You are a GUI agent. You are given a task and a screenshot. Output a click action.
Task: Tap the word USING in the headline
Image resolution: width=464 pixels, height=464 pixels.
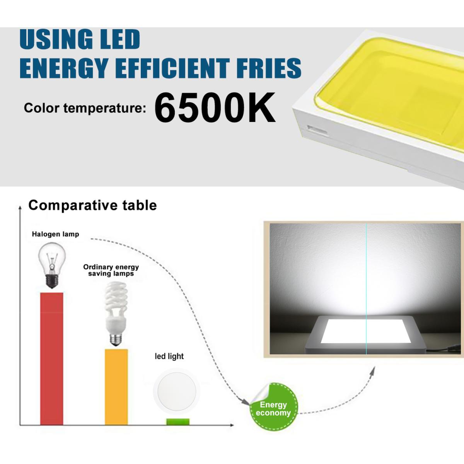pyautogui.click(x=56, y=39)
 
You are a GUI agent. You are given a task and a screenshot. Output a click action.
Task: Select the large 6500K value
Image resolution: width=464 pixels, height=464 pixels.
pyautogui.click(x=215, y=107)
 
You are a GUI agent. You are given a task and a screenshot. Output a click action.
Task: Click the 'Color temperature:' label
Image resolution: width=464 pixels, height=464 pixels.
pyautogui.click(x=85, y=107)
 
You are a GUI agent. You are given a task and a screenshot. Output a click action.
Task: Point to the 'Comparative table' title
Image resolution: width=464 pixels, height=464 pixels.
pyautogui.click(x=92, y=205)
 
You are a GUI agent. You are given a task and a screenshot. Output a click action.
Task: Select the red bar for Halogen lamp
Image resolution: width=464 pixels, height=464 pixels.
pyautogui.click(x=51, y=359)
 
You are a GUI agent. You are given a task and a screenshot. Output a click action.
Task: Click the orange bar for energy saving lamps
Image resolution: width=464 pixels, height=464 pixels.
pyautogui.click(x=116, y=387)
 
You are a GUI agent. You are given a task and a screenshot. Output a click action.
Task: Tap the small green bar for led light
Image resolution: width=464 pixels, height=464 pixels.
pyautogui.click(x=178, y=421)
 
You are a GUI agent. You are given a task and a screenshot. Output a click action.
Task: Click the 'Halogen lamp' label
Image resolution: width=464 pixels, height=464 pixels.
pyautogui.click(x=55, y=234)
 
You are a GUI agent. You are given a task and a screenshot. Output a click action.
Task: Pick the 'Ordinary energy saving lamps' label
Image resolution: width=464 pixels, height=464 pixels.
pyautogui.click(x=111, y=270)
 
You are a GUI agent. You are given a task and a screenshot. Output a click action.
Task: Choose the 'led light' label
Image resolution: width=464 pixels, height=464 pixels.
pyautogui.click(x=169, y=356)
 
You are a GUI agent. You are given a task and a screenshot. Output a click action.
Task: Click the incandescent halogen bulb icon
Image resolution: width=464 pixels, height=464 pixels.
pyautogui.click(x=52, y=265)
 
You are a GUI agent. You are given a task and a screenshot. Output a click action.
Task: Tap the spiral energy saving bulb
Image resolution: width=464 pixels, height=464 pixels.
pyautogui.click(x=116, y=314)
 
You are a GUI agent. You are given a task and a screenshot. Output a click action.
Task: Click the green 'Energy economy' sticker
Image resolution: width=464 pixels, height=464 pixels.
pyautogui.click(x=273, y=408)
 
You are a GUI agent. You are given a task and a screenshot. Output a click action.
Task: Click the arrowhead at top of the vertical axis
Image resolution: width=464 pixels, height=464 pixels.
pyautogui.click(x=20, y=207)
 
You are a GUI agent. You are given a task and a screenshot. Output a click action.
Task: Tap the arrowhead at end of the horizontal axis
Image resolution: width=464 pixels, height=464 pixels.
pyautogui.click(x=232, y=425)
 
